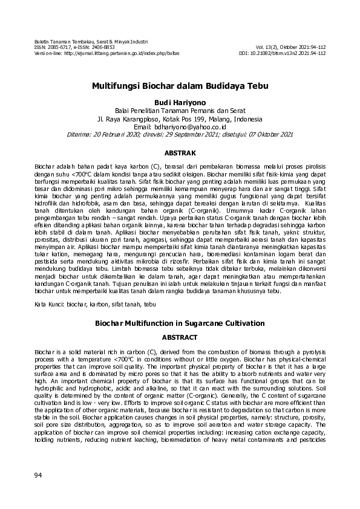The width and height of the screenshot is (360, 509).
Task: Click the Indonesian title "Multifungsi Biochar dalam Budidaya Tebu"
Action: tap(180, 86)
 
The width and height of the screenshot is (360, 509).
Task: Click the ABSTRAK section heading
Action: tap(180, 154)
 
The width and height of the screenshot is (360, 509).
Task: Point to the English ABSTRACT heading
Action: tap(180, 337)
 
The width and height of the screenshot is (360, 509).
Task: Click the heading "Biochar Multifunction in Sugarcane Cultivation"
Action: tap(180, 323)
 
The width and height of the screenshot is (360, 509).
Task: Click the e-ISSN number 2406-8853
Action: tap(102, 47)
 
